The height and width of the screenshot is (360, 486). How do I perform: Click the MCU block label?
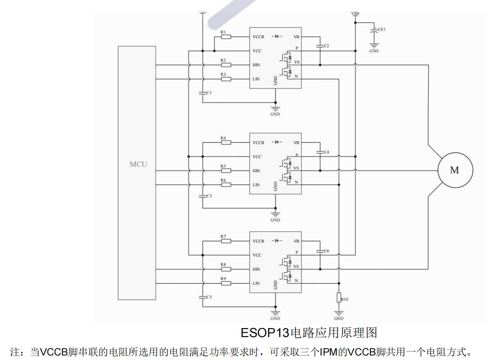[138, 164]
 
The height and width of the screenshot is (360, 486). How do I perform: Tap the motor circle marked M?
[455, 170]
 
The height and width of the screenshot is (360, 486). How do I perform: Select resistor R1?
[226, 37]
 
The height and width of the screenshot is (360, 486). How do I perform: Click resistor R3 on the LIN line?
[226, 79]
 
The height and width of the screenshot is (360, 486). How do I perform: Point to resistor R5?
[226, 171]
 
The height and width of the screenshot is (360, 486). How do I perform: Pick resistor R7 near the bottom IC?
[226, 241]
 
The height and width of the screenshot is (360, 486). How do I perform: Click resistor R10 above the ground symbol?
[339, 298]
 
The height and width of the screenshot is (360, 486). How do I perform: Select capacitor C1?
[203, 93]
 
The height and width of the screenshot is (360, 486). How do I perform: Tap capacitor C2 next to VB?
[320, 46]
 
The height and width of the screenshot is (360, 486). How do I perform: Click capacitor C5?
[203, 297]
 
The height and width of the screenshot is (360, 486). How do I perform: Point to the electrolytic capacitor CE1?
[374, 31]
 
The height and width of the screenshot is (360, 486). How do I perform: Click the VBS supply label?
[355, 14]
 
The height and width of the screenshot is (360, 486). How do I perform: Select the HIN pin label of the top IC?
[256, 65]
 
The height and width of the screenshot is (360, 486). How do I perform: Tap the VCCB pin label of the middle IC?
[258, 143]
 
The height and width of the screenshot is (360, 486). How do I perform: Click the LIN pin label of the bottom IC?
[256, 284]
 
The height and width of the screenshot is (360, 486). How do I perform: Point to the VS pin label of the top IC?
[297, 62]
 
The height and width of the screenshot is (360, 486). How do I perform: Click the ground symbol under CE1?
[374, 46]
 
